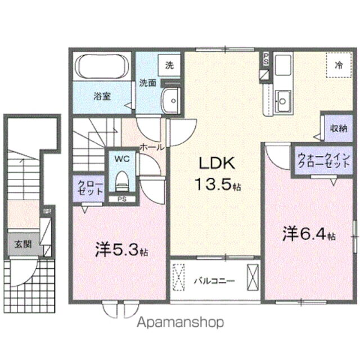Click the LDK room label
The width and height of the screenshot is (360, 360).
[x=215, y=163]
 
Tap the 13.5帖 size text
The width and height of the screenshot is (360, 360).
[x=217, y=184]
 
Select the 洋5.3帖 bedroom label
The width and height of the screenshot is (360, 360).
[x=121, y=250]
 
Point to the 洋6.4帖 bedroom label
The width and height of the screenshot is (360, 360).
[x=309, y=234]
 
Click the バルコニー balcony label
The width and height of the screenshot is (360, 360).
[x=214, y=280]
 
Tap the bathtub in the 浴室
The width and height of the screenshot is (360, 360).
[x=102, y=66]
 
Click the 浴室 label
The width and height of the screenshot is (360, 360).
[x=102, y=96]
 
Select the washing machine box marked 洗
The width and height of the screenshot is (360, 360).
[x=169, y=65]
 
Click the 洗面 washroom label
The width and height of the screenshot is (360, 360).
[x=148, y=83]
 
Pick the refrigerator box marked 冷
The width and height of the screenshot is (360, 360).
[x=339, y=65]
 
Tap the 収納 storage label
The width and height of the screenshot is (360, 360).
[x=339, y=128]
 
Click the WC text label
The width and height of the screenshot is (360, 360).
[x=122, y=159]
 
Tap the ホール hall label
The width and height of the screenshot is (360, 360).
[x=152, y=147]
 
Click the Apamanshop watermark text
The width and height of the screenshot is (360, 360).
[x=180, y=322]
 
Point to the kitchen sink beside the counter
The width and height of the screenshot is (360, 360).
[x=283, y=101]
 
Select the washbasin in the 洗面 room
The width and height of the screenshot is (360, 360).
[x=169, y=102]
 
